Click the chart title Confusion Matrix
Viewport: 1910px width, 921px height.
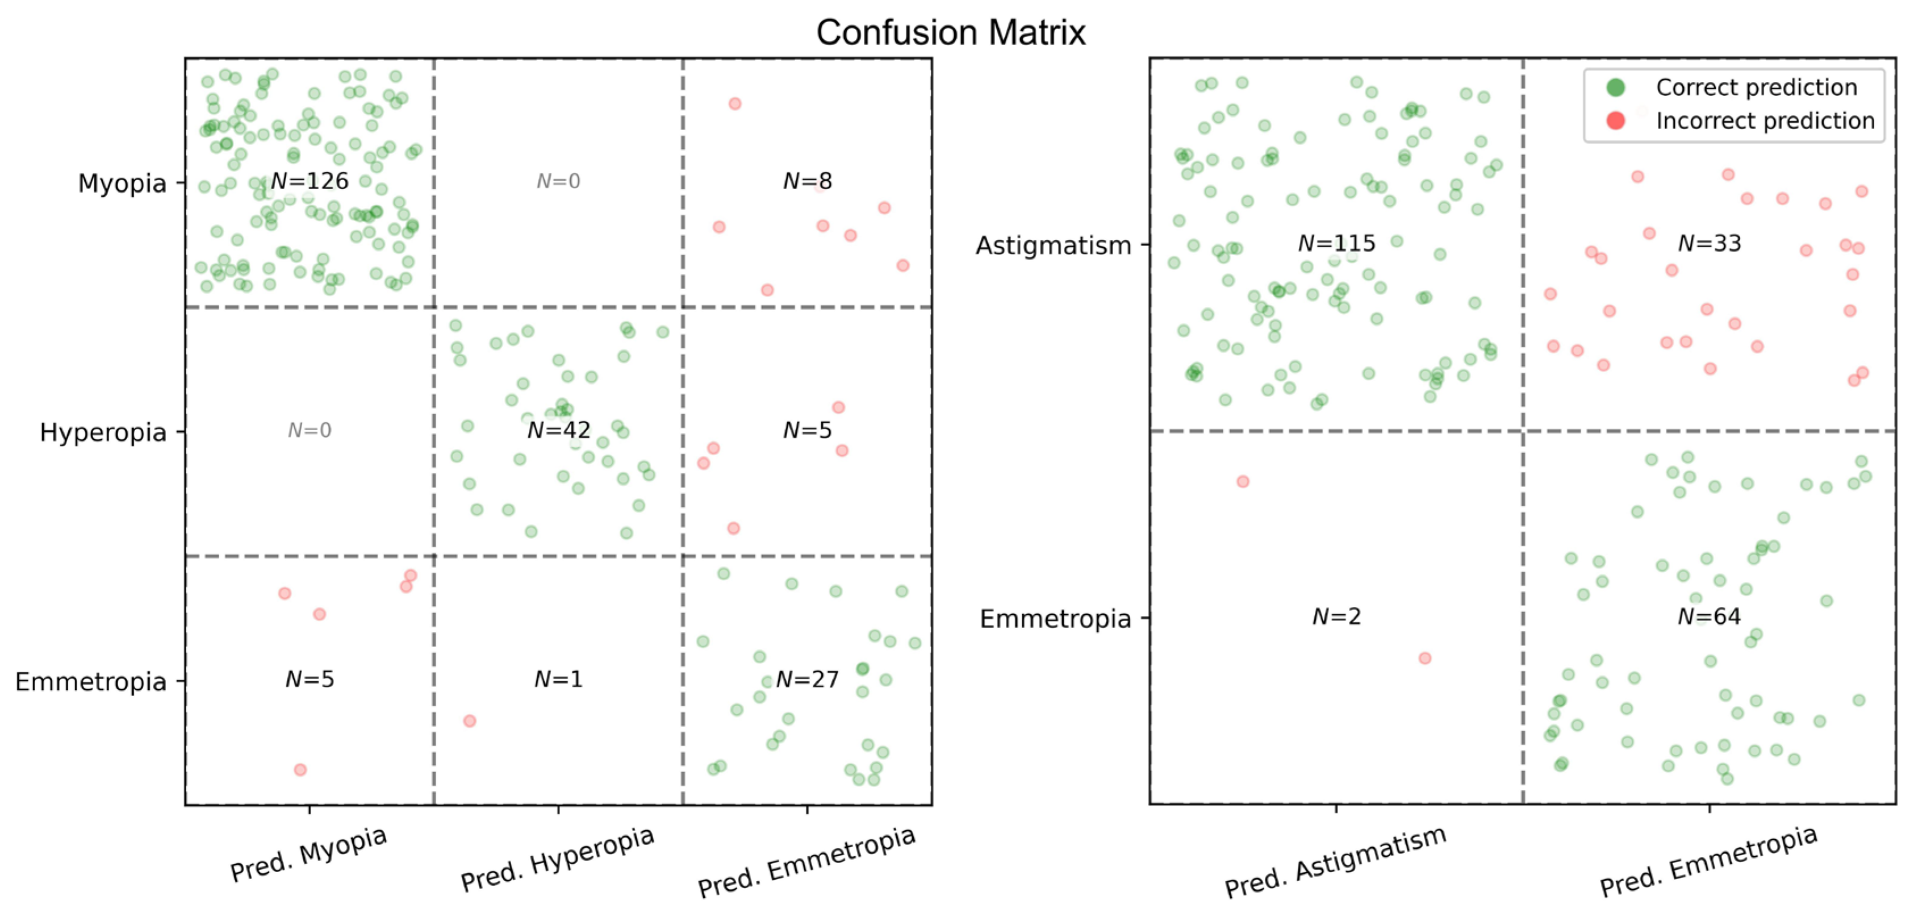(x=951, y=32)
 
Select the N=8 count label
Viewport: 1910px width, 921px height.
(x=808, y=181)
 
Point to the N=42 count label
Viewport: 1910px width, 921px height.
(x=558, y=430)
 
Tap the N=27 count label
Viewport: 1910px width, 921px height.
(x=808, y=680)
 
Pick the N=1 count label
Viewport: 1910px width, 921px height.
(x=558, y=680)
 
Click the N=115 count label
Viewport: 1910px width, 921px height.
(x=1336, y=243)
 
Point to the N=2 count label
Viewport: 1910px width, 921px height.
(x=1336, y=616)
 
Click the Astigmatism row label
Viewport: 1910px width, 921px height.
(x=1053, y=245)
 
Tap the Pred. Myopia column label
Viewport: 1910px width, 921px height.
(x=308, y=855)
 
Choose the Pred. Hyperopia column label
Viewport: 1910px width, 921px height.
(x=558, y=859)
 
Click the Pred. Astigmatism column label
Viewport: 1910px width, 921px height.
(x=1335, y=862)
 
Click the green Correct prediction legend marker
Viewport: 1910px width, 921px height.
(x=1616, y=87)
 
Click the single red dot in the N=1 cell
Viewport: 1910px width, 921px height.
(x=469, y=721)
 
